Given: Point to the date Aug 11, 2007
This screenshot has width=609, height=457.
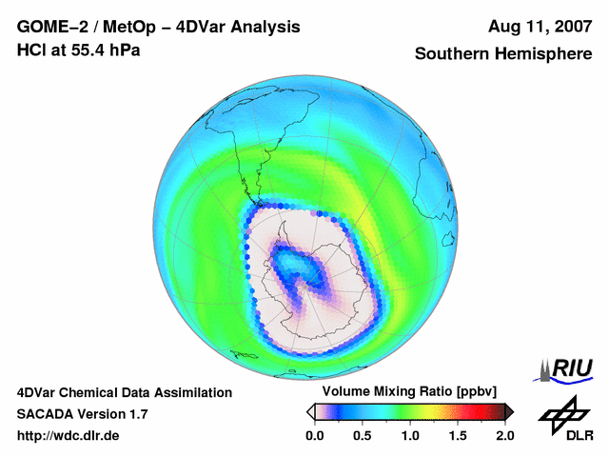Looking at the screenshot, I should point(540,27).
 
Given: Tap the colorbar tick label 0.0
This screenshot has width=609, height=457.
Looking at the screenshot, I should point(315,435).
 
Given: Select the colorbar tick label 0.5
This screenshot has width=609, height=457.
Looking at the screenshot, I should point(363,435).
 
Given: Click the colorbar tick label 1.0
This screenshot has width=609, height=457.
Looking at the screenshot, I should point(410,435).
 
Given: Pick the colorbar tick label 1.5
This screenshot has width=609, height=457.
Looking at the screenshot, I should point(458,435).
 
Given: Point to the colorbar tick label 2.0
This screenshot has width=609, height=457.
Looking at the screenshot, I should point(504,435).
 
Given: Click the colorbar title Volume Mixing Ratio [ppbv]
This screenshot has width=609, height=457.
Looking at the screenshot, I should point(409,392).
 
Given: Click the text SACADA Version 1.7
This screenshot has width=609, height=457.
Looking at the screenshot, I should point(82,414).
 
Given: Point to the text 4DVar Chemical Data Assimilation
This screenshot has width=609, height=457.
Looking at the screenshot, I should point(125,392).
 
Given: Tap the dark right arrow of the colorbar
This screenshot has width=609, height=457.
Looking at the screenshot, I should point(509,411).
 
